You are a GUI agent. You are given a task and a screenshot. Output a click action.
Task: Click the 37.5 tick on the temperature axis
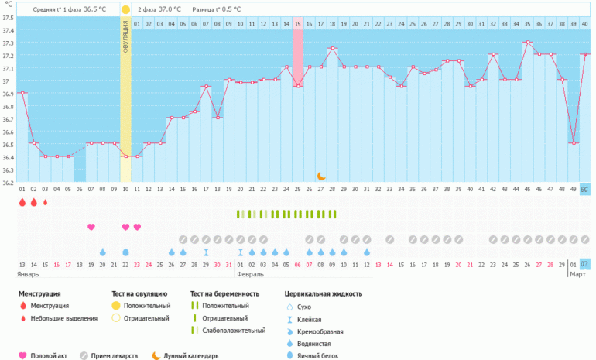coord(9,18)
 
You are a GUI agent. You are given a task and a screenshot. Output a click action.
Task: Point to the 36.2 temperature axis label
coord(9,183)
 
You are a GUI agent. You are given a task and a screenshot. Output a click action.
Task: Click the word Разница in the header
coord(205,9)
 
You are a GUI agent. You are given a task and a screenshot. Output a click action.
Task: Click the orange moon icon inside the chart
coord(320,177)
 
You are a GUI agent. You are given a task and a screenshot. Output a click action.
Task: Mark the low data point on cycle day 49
coord(574,143)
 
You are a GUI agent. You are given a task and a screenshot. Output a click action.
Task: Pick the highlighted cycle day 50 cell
coord(584,189)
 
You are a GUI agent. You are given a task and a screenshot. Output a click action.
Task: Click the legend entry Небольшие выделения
coord(68,318)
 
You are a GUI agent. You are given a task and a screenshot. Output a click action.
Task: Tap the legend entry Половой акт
coord(48,356)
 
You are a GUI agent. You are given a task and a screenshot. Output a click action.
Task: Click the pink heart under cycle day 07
coord(91,227)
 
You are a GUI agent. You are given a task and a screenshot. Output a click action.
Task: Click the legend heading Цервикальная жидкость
coord(324,294)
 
